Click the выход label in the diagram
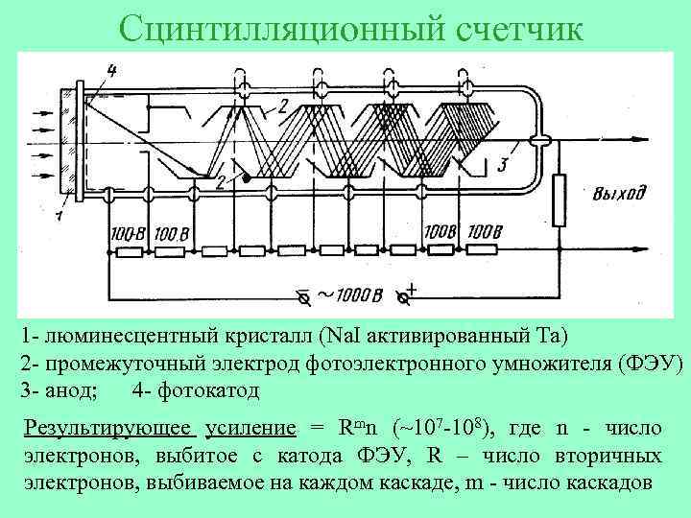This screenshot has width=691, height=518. [x=619, y=194]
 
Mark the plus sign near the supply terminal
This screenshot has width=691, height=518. [x=412, y=288]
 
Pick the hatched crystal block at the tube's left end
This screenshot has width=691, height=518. [x=68, y=144]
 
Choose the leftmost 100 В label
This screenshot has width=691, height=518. [x=127, y=234]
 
